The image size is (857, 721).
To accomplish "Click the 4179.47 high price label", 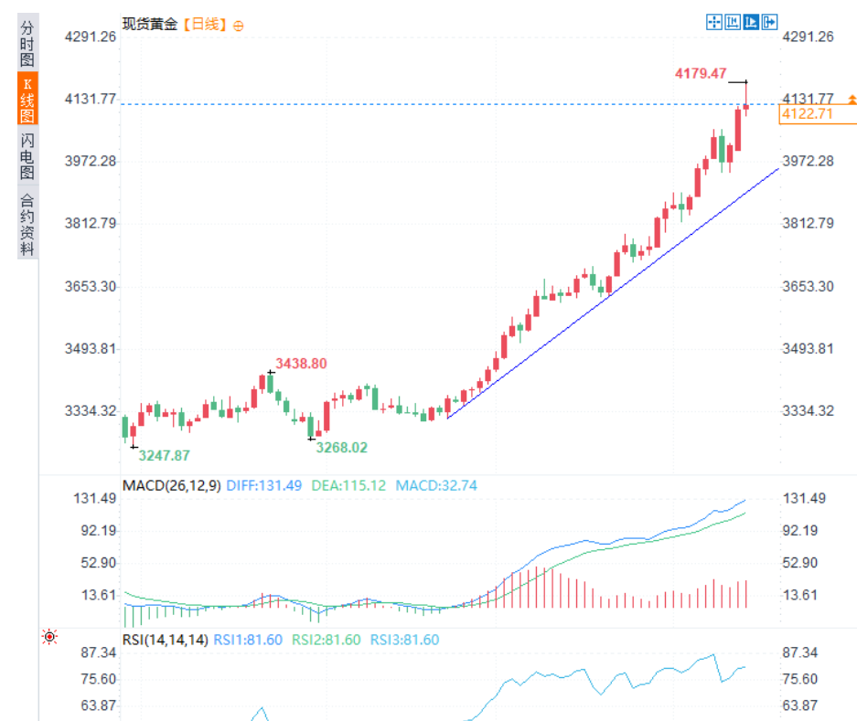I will (700, 72).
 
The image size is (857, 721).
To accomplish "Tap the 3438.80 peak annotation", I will (301, 364).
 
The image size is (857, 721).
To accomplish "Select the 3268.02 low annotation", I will (341, 448).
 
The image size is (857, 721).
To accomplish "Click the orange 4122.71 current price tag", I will (806, 114).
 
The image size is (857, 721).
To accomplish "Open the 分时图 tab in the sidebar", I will (27, 43).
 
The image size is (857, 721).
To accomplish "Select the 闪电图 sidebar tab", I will (27, 156).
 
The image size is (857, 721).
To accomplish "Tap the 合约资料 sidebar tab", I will (27, 224).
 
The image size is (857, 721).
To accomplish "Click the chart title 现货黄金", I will (150, 25).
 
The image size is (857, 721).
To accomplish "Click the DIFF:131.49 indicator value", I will (263, 485).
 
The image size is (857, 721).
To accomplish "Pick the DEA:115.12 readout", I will (348, 485).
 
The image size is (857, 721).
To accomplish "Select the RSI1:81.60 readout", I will (248, 640).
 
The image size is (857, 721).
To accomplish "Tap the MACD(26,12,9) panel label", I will (171, 485).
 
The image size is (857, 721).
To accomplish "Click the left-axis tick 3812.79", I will (91, 224).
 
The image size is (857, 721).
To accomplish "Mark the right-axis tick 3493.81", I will (809, 349).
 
